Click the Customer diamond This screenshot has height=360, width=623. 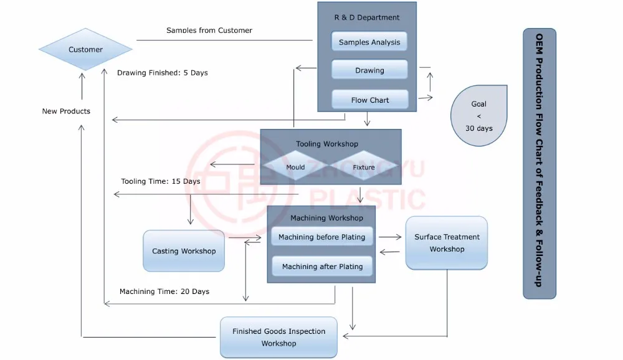85,49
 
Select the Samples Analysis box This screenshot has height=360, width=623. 369,42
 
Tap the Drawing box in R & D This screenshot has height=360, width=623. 369,70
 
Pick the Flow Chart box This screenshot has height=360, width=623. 369,100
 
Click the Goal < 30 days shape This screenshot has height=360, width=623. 478,116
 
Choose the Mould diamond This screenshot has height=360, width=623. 295,167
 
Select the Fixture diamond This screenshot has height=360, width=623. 363,167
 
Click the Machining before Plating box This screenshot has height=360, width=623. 322,237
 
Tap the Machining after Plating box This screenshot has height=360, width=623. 322,267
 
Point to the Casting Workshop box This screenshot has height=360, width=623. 184,251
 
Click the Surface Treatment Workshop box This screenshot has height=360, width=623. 446,243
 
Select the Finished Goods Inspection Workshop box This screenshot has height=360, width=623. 278,337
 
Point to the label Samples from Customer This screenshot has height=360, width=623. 209,30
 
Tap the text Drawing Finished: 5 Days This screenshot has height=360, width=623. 162,73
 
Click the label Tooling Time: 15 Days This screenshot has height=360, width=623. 161,181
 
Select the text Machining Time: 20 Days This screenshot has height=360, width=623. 164,291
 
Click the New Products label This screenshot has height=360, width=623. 66,111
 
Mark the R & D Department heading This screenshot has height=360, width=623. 367,17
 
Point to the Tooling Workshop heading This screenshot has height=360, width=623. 327,144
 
